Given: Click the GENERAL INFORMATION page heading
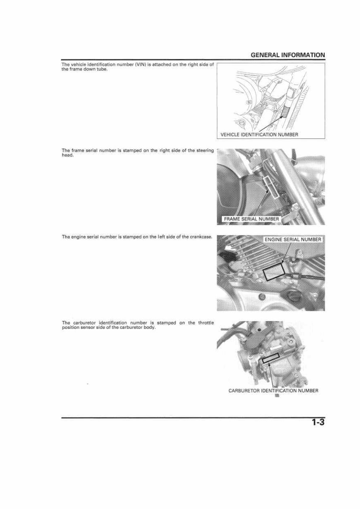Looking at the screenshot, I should pos(288,55).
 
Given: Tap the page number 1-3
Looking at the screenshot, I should pos(318,423).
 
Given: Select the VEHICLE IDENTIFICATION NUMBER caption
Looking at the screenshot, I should pos(259,135).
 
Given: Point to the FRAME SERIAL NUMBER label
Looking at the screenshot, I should pos(251,219).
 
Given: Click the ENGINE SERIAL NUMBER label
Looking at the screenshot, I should pos(293,239).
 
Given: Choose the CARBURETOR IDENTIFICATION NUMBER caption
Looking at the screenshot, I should pos(273,391).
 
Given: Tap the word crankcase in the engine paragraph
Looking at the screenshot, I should pos(202,237).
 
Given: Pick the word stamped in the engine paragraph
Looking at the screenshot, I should pos(132,237).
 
